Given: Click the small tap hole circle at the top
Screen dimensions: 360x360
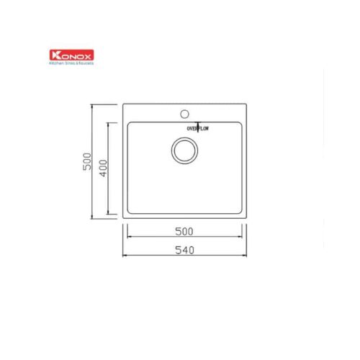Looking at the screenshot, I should click(x=184, y=113).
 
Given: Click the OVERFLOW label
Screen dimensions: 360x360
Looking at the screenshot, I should click(x=197, y=127).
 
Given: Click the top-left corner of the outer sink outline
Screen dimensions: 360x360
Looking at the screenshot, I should click(x=124, y=105).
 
